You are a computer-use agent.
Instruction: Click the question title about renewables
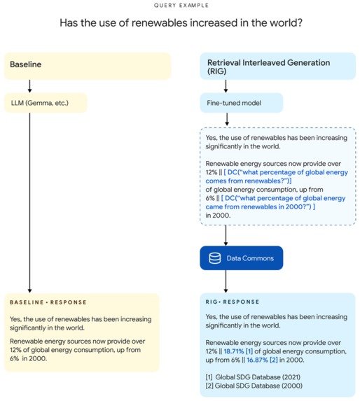coord(181,23)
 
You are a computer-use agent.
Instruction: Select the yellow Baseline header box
coord(88,65)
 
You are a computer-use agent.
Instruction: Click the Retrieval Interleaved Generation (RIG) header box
coord(277,66)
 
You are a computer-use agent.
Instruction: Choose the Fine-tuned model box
coord(242,103)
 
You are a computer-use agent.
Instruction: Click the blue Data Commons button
coord(242,258)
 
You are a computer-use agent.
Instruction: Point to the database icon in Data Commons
coord(214,258)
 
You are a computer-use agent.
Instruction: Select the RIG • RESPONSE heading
coord(232,302)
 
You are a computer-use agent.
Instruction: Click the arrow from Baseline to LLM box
coord(29,85)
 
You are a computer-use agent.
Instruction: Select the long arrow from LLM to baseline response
coord(29,203)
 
